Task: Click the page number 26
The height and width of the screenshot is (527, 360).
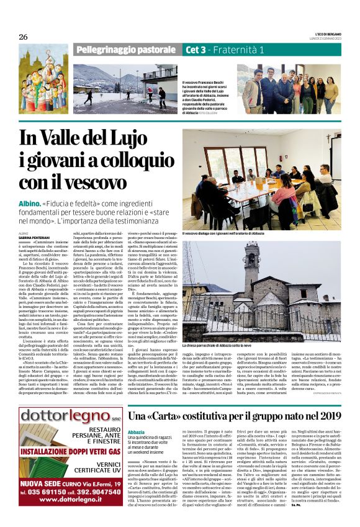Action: pyautogui.click(x=23, y=37)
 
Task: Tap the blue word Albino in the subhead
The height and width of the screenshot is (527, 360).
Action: pyautogui.click(x=30, y=204)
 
